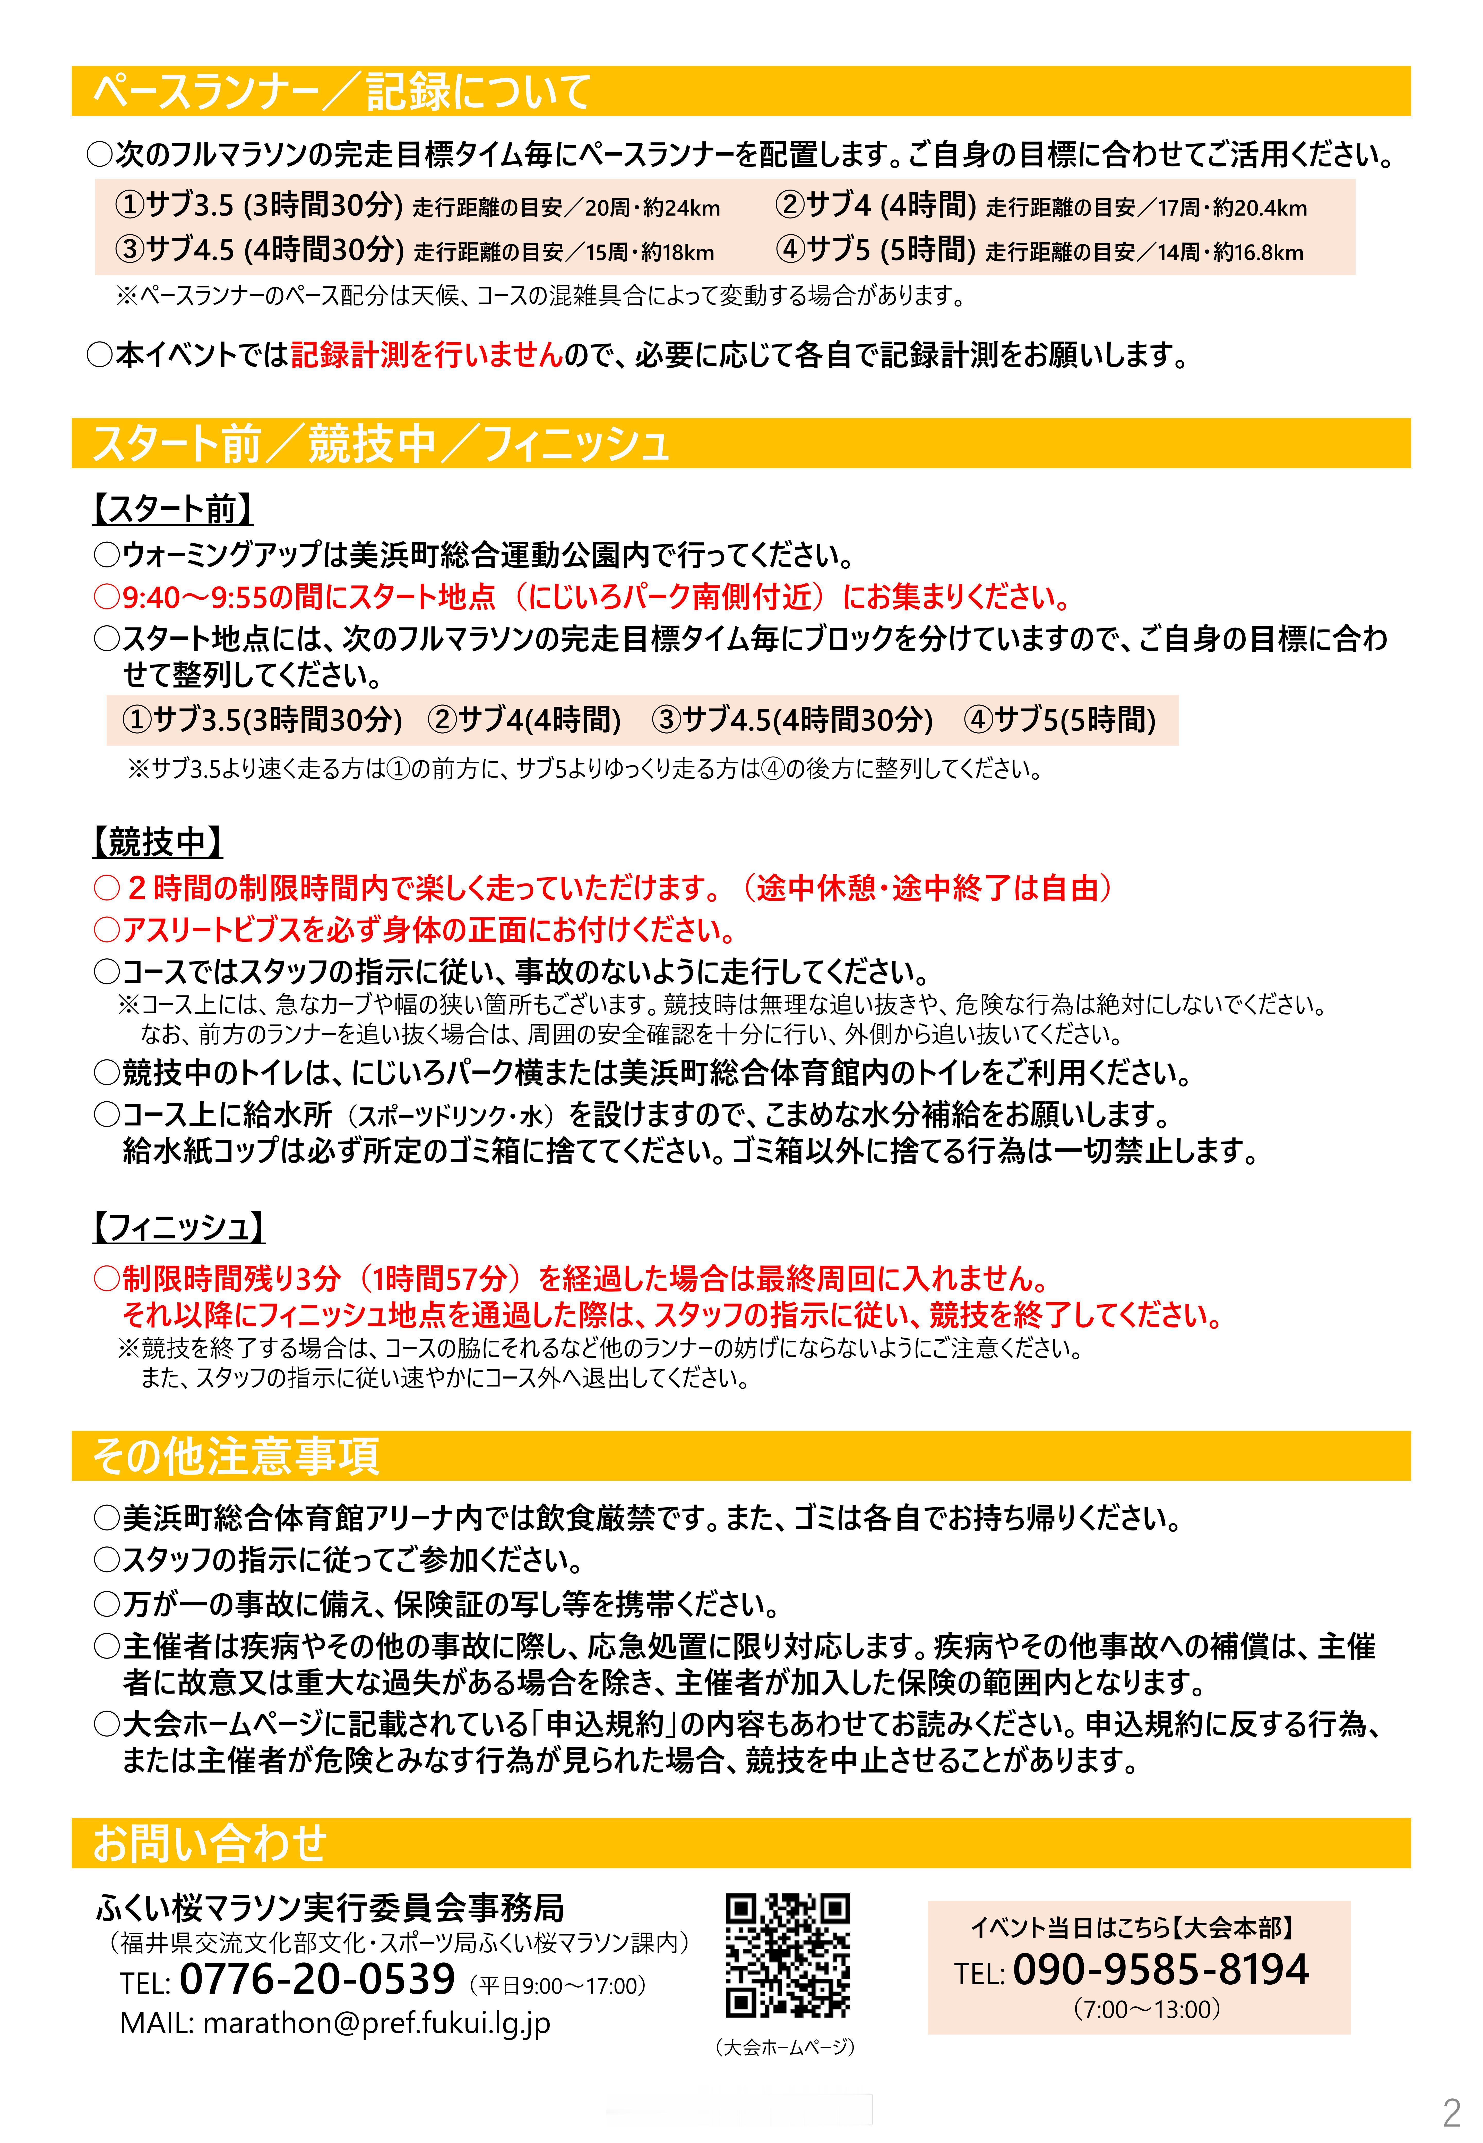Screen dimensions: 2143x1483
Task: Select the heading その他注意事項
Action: pos(236,1456)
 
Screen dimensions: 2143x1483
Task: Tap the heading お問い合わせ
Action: pos(210,1843)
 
